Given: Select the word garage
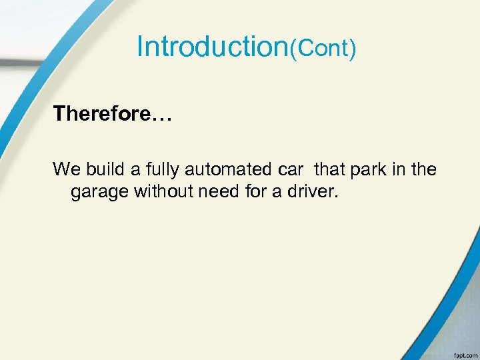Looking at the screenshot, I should tap(99, 193).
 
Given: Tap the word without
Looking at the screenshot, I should tap(161, 192).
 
